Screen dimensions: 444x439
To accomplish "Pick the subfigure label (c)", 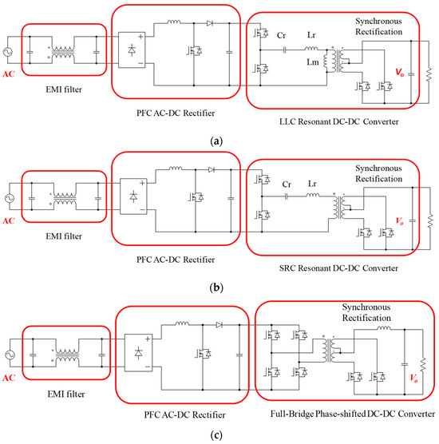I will pyautogui.click(x=220, y=435).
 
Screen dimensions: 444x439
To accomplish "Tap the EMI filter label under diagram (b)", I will pyautogui.click(x=61, y=237).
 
